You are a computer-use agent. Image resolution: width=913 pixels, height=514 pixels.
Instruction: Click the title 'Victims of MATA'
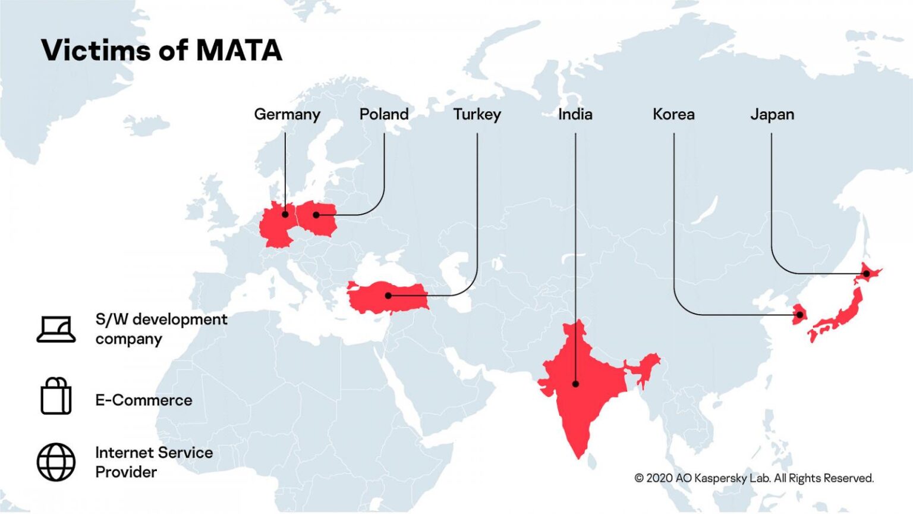[161, 50]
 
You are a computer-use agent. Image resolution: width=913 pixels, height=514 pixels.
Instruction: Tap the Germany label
[287, 114]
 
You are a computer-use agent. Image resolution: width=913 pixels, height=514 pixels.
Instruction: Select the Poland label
[384, 114]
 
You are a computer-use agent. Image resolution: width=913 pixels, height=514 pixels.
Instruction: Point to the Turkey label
[477, 114]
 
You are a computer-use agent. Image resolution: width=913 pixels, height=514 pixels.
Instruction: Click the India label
[575, 114]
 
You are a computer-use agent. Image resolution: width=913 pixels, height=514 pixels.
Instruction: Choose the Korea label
[673, 114]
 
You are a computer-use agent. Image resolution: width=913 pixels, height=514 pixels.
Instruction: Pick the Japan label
[772, 114]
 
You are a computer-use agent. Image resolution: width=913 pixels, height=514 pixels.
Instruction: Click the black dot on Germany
[285, 214]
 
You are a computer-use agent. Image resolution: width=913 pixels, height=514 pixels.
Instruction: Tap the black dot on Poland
[316, 215]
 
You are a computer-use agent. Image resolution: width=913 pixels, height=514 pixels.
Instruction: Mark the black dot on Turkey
[388, 295]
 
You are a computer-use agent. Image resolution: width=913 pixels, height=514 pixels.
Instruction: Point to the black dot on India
[575, 384]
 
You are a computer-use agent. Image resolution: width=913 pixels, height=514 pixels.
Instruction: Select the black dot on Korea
[800, 315]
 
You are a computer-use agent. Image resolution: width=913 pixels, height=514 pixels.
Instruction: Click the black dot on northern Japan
[866, 274]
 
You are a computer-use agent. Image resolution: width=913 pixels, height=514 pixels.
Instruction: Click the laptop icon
[56, 329]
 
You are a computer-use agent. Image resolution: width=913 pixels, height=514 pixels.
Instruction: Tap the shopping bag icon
[56, 396]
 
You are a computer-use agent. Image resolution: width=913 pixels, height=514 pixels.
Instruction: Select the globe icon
[56, 462]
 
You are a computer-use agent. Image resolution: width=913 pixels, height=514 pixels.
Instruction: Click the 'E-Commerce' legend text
[144, 400]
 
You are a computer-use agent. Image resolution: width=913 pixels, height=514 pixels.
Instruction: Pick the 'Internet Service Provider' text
[154, 462]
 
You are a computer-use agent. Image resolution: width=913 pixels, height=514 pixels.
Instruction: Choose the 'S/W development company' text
[161, 329]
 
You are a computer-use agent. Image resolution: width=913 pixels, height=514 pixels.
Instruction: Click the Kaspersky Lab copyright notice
[754, 478]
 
